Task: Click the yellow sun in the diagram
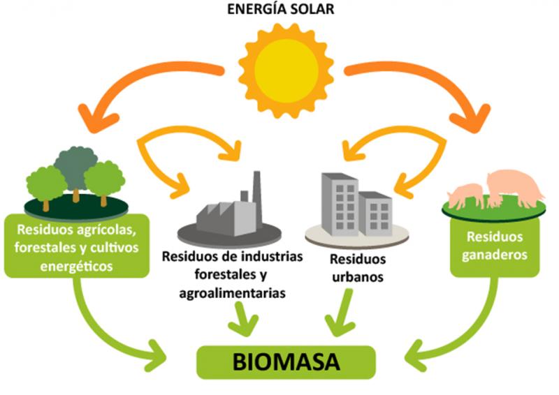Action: point(286,71)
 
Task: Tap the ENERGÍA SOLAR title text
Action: point(281,9)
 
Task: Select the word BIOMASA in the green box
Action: point(286,362)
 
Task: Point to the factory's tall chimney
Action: point(256,193)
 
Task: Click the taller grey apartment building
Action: point(340,204)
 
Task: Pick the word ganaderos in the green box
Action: point(495,255)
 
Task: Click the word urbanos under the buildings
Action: point(358,277)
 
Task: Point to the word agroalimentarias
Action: point(232,293)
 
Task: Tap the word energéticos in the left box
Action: point(76,266)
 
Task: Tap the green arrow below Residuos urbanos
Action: point(341,313)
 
